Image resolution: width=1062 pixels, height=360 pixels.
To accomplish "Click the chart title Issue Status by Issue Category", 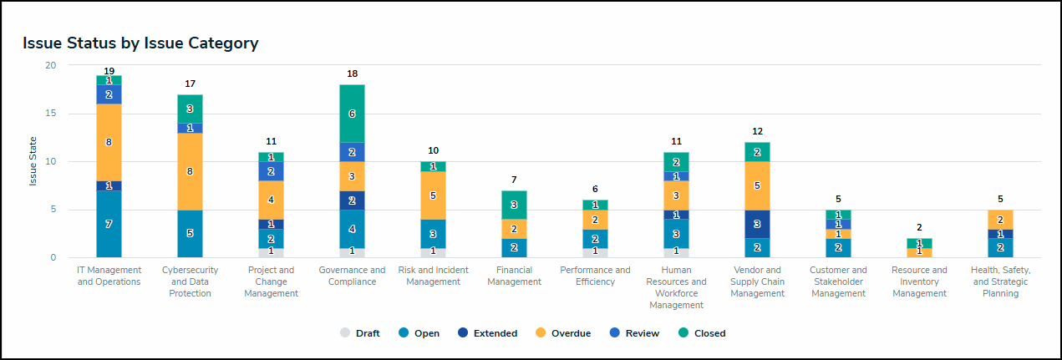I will (x=140, y=43).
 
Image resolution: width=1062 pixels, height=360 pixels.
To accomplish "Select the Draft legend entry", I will (x=360, y=333).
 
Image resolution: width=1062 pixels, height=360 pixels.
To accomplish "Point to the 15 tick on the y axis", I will (x=51, y=114).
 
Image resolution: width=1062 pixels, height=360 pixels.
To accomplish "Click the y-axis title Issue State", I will (x=33, y=161).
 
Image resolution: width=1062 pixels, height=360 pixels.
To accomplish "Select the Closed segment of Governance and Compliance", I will (x=352, y=114).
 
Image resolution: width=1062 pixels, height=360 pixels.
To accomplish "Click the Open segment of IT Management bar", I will (x=109, y=224).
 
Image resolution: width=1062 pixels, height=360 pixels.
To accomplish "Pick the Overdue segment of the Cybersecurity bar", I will (x=190, y=171).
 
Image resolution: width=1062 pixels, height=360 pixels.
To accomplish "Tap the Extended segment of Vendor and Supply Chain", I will (x=757, y=224).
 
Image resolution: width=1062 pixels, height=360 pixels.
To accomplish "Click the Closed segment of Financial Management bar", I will (x=514, y=205).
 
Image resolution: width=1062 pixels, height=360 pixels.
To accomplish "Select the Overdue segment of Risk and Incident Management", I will (x=433, y=195).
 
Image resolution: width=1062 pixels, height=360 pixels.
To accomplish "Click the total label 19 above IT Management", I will (x=109, y=70).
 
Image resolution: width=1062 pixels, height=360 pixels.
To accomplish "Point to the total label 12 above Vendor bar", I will (x=757, y=132).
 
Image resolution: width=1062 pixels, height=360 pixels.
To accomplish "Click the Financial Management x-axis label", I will (x=514, y=276).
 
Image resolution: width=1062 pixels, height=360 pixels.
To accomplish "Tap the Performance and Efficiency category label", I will (x=595, y=276).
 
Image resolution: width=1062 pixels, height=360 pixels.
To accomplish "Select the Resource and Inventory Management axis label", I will (x=919, y=281).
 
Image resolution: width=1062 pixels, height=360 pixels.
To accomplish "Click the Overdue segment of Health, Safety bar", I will (x=1000, y=220).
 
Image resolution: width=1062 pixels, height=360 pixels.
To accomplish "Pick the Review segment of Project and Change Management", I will (x=271, y=171).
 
